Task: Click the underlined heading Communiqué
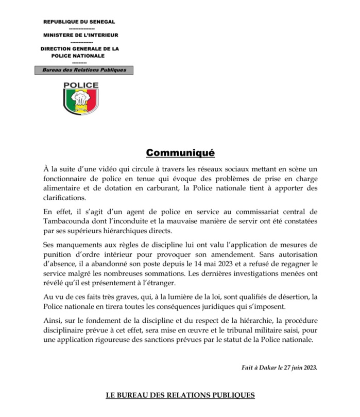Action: [180, 153]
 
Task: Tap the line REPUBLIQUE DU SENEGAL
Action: [79, 23]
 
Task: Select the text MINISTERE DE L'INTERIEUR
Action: [80, 35]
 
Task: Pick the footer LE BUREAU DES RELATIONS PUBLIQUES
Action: [180, 396]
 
